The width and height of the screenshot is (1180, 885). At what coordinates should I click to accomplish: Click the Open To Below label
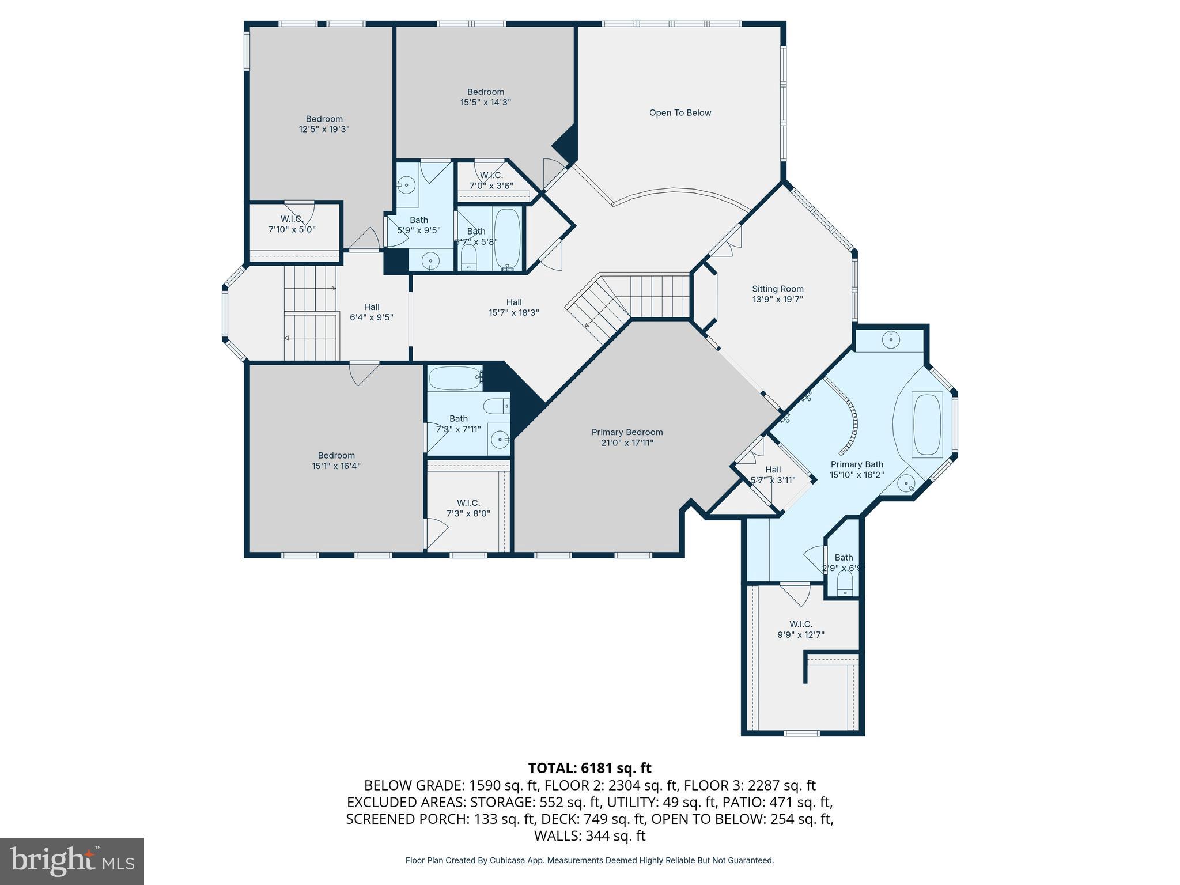(680, 113)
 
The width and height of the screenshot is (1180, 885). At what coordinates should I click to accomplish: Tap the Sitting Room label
(777, 289)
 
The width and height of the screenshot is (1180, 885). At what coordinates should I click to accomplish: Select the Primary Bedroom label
(627, 432)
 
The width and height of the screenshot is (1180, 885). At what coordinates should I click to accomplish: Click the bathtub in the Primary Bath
(927, 425)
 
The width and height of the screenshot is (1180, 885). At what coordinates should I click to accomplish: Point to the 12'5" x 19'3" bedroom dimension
(324, 130)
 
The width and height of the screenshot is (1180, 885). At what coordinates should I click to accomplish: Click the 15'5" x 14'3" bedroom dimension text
(486, 103)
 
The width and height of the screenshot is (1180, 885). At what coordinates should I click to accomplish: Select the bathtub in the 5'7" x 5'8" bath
(507, 239)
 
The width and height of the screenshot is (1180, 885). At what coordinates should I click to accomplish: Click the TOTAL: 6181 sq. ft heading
(589, 768)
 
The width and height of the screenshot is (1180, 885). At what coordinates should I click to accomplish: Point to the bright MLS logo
(72, 861)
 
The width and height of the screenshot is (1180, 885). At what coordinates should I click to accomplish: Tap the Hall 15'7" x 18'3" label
(514, 307)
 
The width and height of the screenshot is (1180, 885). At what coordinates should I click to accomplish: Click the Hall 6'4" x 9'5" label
(372, 312)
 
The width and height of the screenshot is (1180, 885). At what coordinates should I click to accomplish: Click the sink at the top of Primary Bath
(891, 339)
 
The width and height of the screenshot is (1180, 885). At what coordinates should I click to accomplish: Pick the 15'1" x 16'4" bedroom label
(336, 460)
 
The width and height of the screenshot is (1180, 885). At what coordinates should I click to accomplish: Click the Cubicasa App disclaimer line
(589, 860)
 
